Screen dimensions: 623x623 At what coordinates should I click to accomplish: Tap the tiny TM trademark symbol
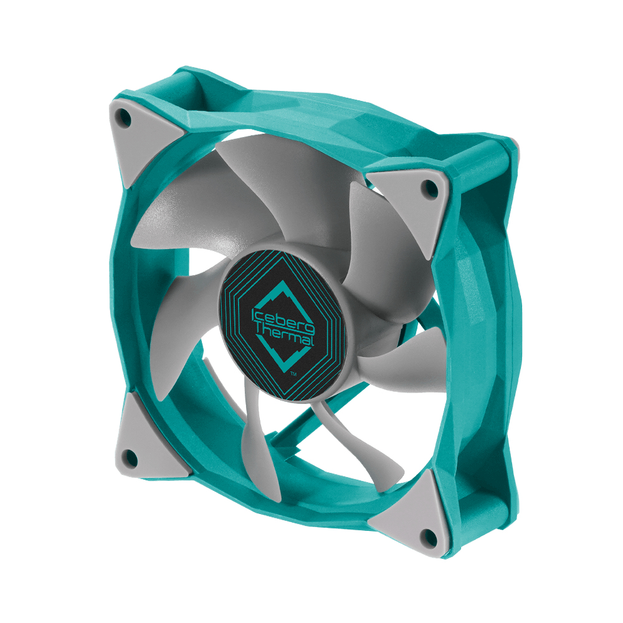coord(293,373)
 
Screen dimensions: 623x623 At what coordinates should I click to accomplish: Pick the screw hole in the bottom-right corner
coord(428,538)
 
